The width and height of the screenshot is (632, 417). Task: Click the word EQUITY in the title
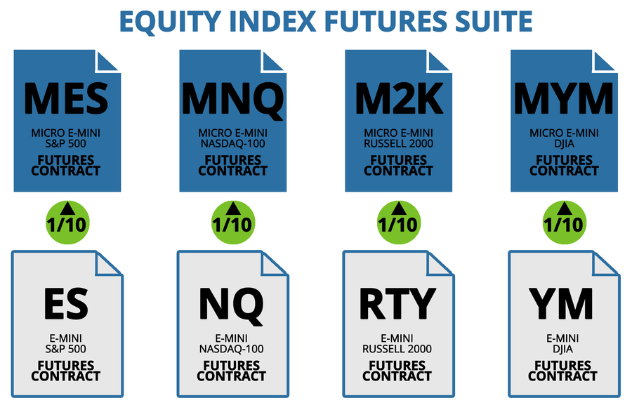coord(171,22)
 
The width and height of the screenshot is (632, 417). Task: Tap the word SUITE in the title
coord(494,21)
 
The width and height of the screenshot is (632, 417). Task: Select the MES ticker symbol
coord(66,98)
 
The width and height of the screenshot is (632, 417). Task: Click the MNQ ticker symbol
coord(232,100)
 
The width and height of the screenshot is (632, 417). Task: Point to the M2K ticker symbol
coord(399,98)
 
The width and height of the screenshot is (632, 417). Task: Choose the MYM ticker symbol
coord(563,98)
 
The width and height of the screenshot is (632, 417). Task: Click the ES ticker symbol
coord(66,303)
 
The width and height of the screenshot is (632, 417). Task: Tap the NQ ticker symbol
coord(231,305)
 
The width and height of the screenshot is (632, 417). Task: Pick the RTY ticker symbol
coord(397,303)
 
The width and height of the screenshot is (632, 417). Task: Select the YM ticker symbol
coord(561,303)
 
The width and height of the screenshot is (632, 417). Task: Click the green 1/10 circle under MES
coord(67,223)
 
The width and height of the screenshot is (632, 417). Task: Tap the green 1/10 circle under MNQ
coord(233,223)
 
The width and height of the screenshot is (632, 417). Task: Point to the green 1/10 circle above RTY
coord(399,223)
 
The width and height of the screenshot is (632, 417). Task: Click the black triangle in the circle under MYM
coord(565,208)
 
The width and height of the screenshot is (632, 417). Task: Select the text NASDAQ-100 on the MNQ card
coord(233,143)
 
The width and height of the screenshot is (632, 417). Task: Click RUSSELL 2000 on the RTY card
coord(397,348)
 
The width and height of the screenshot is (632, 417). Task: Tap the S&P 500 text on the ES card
coord(66,348)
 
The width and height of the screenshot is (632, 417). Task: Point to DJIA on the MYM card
coord(565,143)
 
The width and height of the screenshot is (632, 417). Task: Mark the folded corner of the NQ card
coord(272,263)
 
